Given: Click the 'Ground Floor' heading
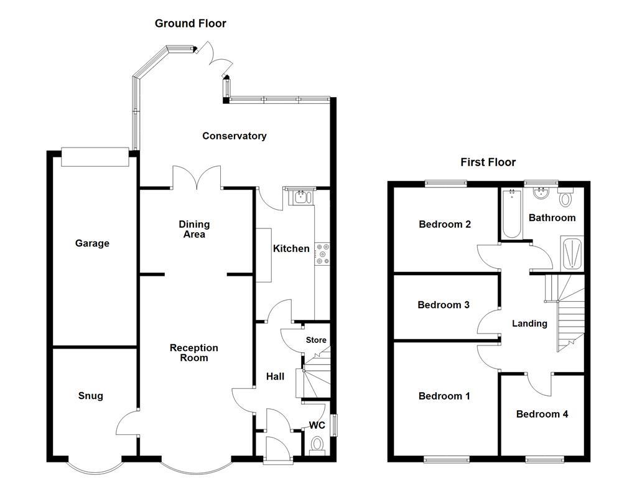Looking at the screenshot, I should coord(190,24).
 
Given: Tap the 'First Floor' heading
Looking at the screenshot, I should coord(488,162).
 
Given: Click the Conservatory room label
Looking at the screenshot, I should coord(234,136).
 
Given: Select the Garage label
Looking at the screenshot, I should coord(92,243).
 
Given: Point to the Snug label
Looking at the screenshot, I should coord(91,396).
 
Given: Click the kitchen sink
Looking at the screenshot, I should coord(300,197).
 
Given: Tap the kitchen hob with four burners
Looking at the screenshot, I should coord(323,254).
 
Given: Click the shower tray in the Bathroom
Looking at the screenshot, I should coord(572,253).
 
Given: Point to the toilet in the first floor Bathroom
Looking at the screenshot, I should coord(565,199).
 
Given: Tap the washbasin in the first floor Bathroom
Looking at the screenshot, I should coord(541,192).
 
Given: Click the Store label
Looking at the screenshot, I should coord(316,340).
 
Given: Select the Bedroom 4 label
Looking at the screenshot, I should coord(542,414).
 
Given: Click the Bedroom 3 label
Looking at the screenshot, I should coord(444,305).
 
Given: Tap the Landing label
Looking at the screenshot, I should coord(529,324).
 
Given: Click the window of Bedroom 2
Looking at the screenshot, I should coord(445,183).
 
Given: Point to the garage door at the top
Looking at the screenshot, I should coord(95,157).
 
